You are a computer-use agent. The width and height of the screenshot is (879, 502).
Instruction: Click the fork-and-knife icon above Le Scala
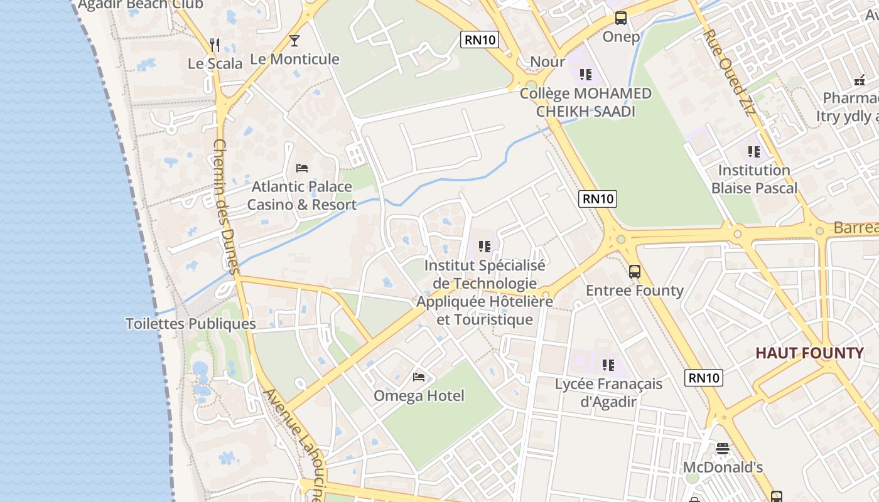tap(215, 45)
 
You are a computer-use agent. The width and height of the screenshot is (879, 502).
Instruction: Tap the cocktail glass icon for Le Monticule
tap(294, 41)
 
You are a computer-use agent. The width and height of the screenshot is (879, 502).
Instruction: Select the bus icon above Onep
tap(621, 18)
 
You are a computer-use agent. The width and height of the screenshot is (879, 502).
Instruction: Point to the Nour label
tap(547, 61)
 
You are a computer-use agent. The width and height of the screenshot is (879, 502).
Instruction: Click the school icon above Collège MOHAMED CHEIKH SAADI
tap(586, 75)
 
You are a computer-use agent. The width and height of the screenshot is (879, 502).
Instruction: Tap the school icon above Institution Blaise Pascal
tap(754, 152)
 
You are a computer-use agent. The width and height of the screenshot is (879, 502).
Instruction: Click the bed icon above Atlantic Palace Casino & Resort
tap(302, 168)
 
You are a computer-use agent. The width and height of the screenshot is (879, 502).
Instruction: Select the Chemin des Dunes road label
tap(226, 207)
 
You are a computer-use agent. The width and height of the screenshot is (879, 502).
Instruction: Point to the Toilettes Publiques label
tap(191, 324)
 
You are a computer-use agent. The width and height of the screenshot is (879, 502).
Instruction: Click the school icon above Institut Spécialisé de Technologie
tap(484, 247)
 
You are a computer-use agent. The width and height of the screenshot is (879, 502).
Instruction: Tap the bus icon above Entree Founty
tap(635, 272)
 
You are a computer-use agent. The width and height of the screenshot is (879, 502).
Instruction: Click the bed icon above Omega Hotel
tap(419, 377)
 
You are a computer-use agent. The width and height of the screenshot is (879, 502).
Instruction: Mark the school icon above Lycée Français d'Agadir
tap(608, 365)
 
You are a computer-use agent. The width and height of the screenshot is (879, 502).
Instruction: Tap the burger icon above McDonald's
tap(723, 449)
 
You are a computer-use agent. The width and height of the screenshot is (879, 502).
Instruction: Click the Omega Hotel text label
tap(419, 396)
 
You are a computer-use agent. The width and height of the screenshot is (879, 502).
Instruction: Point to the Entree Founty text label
tap(635, 291)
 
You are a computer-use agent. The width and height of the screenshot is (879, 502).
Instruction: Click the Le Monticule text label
tap(294, 59)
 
